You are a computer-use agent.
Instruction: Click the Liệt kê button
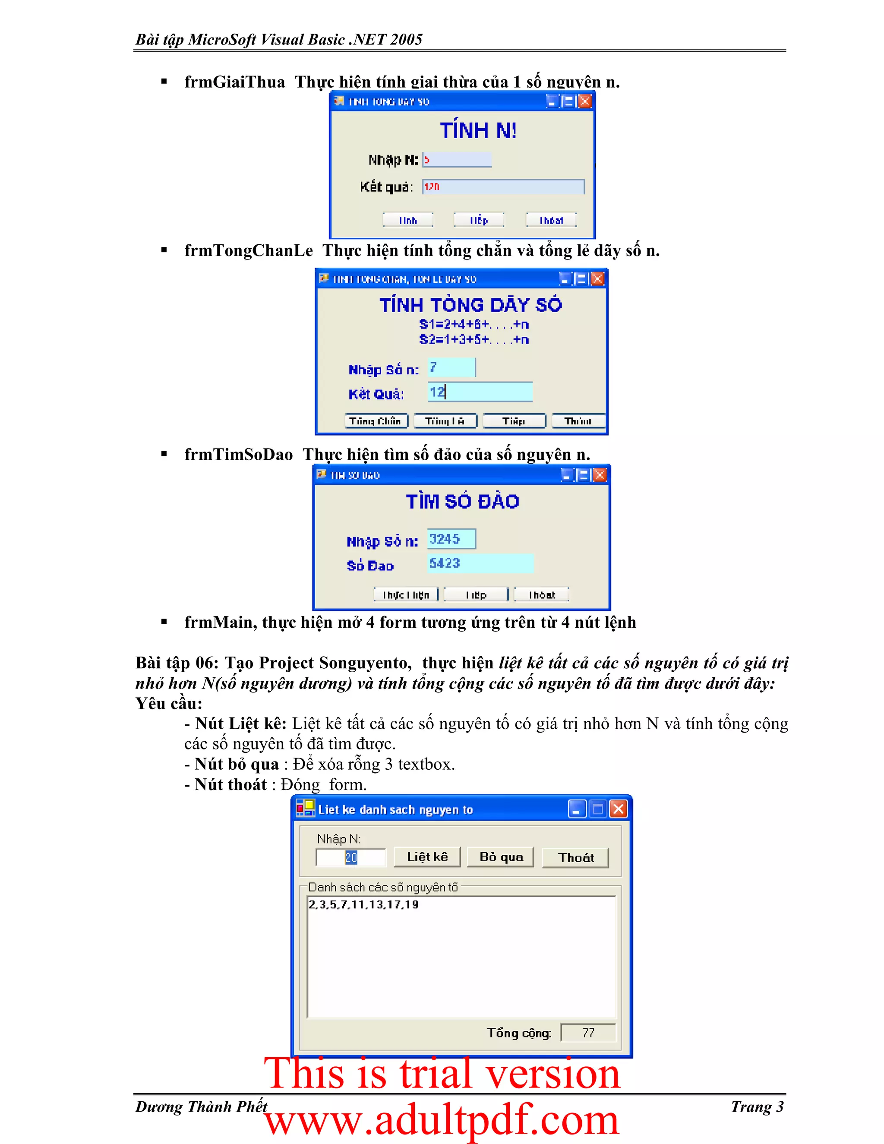click(427, 857)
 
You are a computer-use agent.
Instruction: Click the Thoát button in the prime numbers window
click(575, 857)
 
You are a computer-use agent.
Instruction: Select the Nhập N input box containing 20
click(350, 857)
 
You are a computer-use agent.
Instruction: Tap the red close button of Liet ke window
click(618, 809)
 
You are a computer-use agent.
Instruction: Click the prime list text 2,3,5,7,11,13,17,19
click(363, 904)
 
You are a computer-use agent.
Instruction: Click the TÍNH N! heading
click(478, 130)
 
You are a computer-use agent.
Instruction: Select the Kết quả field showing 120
click(503, 186)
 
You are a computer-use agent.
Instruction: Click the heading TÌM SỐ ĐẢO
click(462, 501)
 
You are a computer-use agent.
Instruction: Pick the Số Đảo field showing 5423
click(480, 563)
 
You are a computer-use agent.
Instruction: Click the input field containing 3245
click(451, 539)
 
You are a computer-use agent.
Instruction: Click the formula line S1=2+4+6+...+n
click(474, 324)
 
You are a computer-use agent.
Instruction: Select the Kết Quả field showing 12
click(480, 392)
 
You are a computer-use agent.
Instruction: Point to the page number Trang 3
click(757, 1107)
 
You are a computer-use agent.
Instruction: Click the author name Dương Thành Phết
click(201, 1107)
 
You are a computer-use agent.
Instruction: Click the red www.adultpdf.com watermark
click(442, 1120)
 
